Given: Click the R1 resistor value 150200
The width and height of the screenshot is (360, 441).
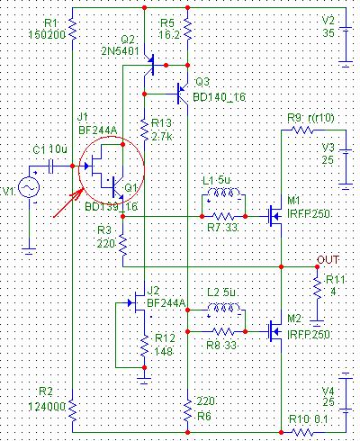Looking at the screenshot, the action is [47, 35].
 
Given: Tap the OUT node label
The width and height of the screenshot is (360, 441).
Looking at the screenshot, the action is [328, 259].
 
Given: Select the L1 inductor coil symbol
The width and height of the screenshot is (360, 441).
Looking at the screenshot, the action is [224, 193].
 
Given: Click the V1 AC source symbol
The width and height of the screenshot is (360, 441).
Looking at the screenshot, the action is [29, 187].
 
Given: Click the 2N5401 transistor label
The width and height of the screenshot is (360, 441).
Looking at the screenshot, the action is [120, 51].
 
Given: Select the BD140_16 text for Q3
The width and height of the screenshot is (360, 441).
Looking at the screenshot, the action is [219, 97].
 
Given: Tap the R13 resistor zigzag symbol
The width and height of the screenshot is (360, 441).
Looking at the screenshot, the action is [144, 130].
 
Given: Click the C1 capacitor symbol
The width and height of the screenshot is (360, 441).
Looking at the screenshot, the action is [51, 166].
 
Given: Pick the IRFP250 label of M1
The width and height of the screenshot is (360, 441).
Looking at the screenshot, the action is [309, 214].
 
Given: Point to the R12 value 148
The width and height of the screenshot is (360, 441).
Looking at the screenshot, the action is [164, 351].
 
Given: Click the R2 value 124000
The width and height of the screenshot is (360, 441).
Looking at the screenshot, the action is [47, 407].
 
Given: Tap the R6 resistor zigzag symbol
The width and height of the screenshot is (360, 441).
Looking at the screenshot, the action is [187, 410].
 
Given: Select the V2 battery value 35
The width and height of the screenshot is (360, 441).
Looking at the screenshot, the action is [328, 32].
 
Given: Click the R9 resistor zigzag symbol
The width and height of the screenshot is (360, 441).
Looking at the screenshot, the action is [302, 130].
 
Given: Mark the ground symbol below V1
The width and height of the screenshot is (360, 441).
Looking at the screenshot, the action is [29, 251].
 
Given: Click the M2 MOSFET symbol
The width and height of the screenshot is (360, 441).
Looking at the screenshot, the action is [274, 332].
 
